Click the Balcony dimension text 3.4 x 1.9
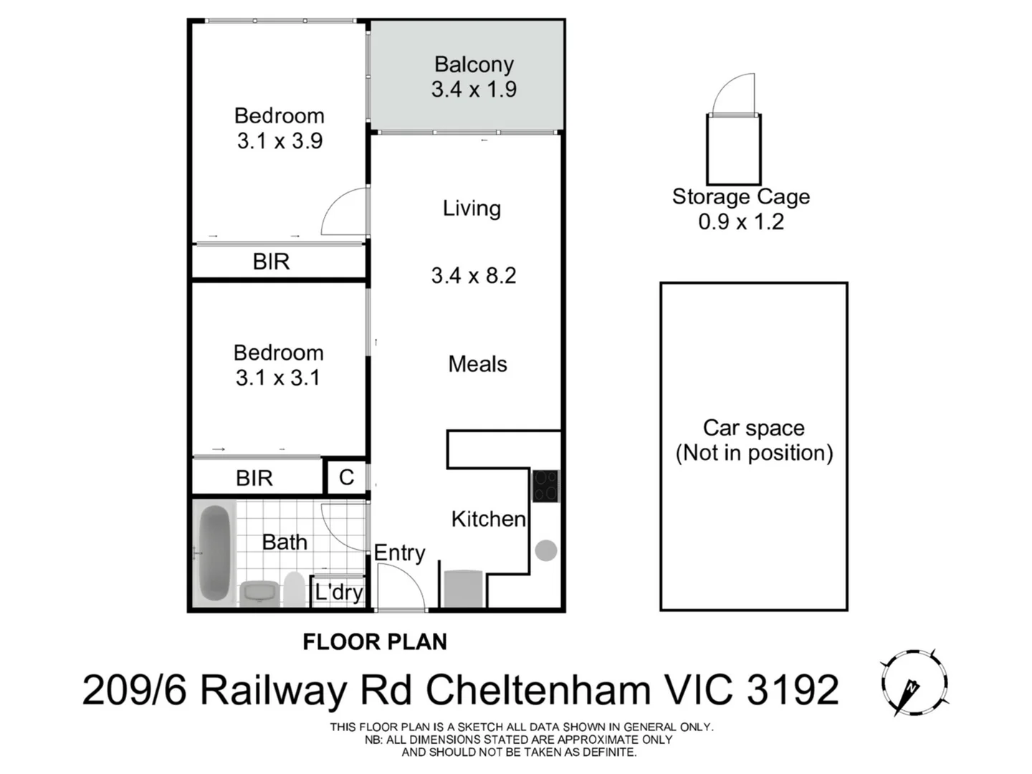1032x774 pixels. (x=474, y=90)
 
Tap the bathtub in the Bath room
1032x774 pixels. (x=214, y=553)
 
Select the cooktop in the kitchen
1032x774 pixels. (x=545, y=485)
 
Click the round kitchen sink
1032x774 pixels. (x=545, y=550)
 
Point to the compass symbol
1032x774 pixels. (x=914, y=683)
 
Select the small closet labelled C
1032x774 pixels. (x=346, y=477)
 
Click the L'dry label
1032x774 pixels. (x=338, y=592)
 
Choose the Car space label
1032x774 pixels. (x=754, y=428)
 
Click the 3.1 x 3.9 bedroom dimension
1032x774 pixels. (x=279, y=141)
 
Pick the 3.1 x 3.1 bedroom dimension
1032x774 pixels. (x=278, y=378)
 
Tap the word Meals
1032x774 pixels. (x=477, y=364)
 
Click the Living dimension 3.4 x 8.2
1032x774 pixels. (x=474, y=275)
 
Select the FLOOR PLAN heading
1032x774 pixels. (x=375, y=641)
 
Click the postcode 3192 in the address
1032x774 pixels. (x=793, y=690)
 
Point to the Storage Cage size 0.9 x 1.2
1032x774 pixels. (x=741, y=221)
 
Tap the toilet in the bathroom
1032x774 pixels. (x=294, y=589)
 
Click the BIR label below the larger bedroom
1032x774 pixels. (x=271, y=262)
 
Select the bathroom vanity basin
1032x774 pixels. (x=257, y=593)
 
